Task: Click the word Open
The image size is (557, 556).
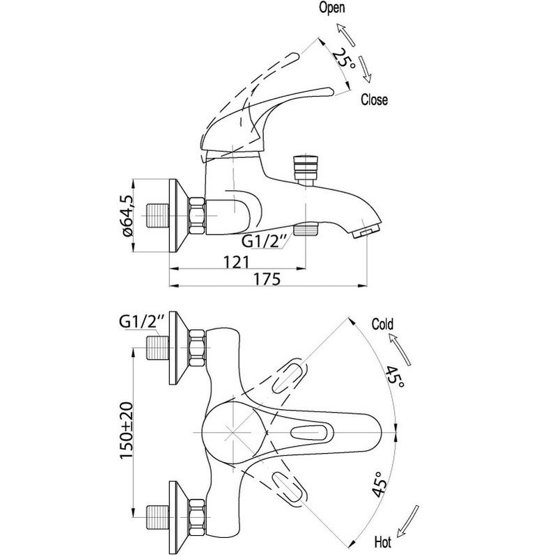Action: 332,8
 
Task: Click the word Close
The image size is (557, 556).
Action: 374,100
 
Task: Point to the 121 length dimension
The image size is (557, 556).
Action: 237,262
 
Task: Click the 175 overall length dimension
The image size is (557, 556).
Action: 267,279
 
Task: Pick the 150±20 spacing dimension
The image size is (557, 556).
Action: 126,430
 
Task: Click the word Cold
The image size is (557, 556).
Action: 382,324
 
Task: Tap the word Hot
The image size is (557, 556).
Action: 382,542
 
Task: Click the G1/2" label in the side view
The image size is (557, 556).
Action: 264,241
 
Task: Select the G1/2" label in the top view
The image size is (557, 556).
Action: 142,322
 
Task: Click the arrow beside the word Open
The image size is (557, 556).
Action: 345,35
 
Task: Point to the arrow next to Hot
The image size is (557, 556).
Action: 408,520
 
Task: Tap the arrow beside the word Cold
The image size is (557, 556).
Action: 400,350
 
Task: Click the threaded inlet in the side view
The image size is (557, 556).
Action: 157,216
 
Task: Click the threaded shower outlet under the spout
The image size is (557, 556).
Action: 306,229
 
